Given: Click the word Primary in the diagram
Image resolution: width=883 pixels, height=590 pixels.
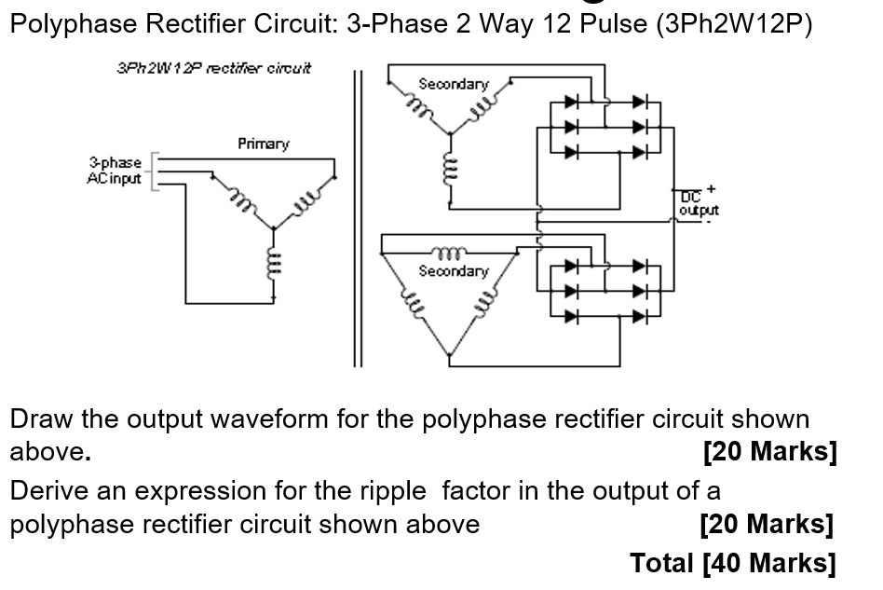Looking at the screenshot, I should (263, 144).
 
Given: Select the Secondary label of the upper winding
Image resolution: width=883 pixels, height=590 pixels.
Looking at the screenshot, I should (453, 84).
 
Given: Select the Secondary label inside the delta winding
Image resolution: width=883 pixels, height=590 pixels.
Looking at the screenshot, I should (453, 271).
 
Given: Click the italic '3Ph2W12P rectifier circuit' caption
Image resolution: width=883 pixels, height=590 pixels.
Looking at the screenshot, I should (214, 67).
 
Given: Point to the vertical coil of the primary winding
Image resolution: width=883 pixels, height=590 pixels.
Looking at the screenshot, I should (273, 264).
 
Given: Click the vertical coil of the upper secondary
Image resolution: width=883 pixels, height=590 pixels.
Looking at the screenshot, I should (451, 171).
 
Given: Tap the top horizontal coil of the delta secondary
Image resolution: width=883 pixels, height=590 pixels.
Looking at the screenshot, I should (452, 251).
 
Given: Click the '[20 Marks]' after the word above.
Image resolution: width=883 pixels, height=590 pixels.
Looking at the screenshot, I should (770, 452).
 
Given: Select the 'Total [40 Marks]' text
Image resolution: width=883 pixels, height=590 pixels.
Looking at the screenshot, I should (732, 562).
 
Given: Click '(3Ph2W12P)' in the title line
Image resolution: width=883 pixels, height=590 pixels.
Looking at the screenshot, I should (734, 24).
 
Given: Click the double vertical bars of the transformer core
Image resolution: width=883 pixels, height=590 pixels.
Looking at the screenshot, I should (355, 214).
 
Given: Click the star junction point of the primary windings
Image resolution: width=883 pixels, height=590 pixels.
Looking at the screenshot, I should (273, 228).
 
